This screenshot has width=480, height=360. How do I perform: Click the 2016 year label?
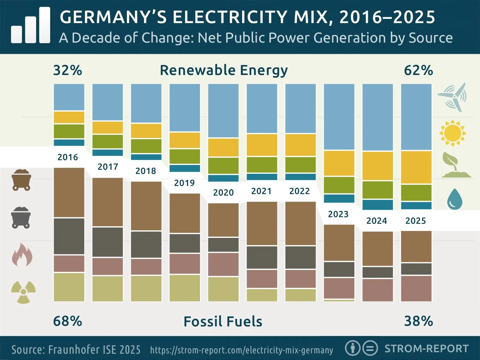point(67,157)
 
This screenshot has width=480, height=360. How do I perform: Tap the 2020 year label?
point(223,192)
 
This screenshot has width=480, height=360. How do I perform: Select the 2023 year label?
point(338,214)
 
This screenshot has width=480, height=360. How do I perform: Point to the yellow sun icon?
point(452,133)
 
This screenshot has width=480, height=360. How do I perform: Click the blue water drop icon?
point(454,199)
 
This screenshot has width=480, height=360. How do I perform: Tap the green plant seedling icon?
point(455,165)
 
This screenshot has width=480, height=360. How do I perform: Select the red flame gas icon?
point(22,255)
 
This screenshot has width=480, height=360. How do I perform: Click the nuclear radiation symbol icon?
point(23,292)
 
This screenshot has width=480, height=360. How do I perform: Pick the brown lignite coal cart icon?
point(21,180)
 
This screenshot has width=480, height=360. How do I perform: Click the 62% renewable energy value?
point(418,70)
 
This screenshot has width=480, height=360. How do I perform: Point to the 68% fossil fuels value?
point(67,321)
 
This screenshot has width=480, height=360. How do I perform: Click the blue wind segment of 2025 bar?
point(416,117)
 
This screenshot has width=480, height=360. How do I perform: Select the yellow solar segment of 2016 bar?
point(69,117)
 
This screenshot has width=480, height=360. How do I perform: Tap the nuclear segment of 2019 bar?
point(184,288)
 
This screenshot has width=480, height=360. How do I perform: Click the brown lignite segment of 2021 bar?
point(262,223)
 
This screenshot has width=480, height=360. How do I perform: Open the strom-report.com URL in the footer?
point(241,350)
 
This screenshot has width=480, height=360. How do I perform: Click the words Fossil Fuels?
point(223,322)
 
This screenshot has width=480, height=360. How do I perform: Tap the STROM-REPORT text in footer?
point(426,349)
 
